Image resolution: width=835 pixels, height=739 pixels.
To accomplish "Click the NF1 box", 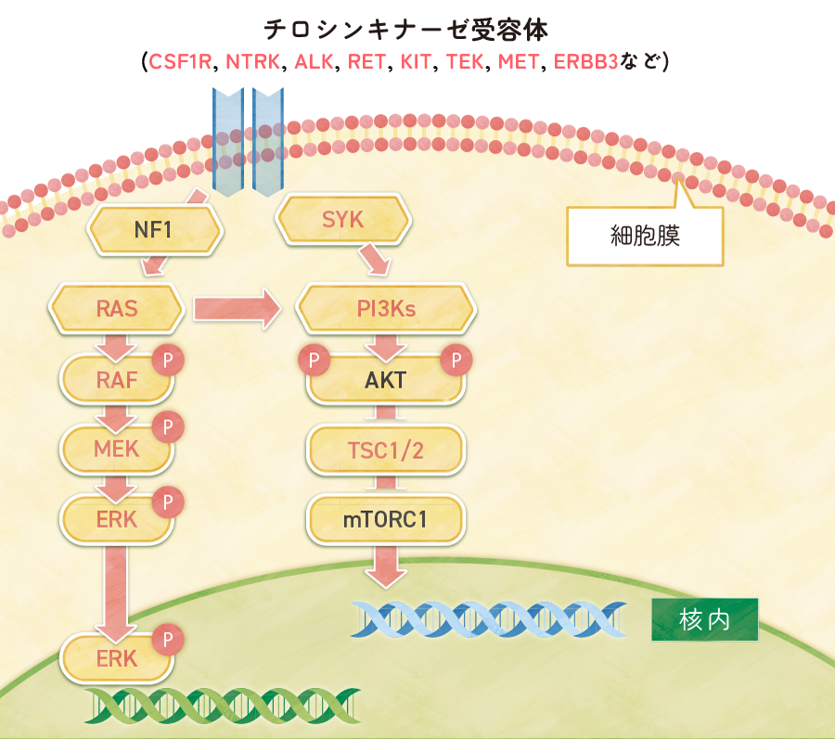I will (154, 229).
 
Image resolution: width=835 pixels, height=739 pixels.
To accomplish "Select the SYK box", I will (343, 221).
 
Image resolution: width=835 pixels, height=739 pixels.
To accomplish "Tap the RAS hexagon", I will (117, 309).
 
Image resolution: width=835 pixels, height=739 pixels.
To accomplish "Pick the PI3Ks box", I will (386, 309).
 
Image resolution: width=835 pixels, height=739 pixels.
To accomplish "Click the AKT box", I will (386, 380).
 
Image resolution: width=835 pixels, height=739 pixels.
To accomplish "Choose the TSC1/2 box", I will (386, 451).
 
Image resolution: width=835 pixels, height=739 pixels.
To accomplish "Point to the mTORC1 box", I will (386, 519).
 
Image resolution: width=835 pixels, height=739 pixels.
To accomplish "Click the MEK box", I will (117, 449).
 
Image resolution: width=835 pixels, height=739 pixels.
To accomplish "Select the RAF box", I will (117, 378).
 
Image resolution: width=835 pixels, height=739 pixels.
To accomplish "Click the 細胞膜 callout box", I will (645, 236).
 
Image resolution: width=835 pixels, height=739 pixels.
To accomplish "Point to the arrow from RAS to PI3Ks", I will (236, 309).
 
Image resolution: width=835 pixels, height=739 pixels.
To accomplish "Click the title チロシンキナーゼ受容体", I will (406, 30).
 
